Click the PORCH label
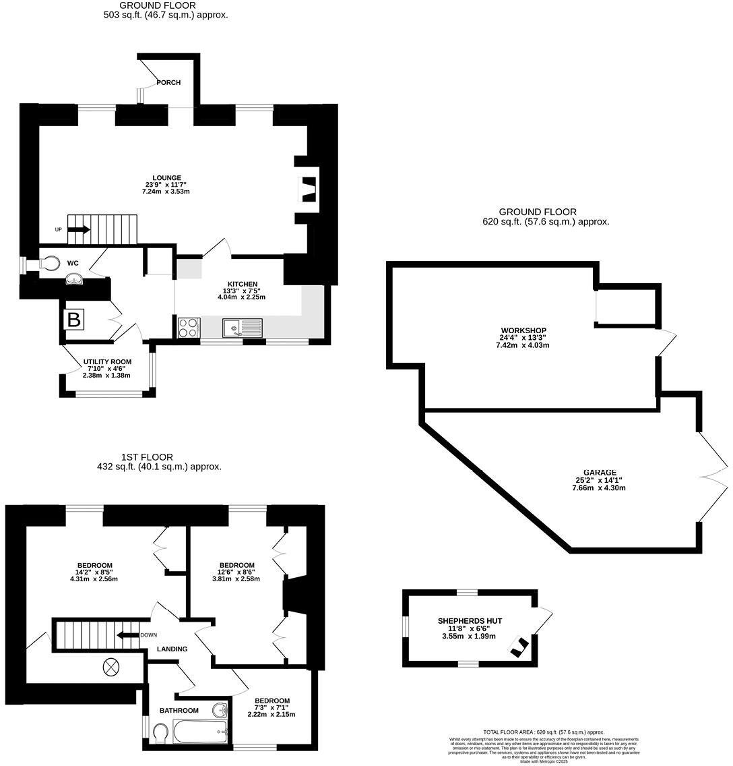[x=168, y=82]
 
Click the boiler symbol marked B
[x=73, y=320]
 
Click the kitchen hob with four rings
[x=189, y=328]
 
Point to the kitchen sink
[x=242, y=328]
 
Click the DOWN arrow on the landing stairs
[x=126, y=635]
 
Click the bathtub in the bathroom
[x=200, y=731]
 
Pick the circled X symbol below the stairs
[x=110, y=667]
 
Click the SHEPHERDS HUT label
[x=470, y=620]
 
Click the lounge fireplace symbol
[x=308, y=189]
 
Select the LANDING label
[x=172, y=649]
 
